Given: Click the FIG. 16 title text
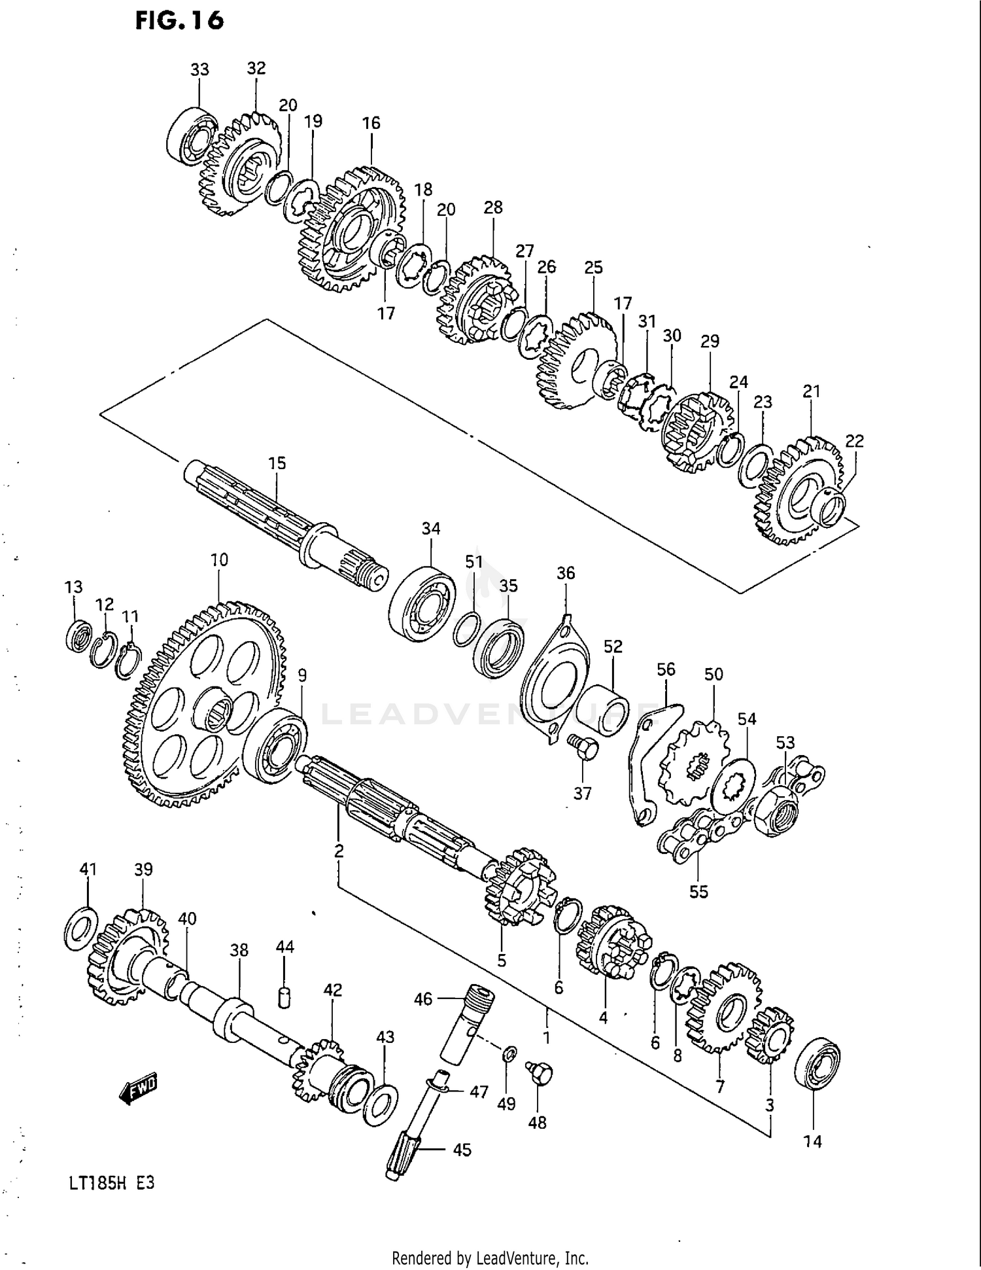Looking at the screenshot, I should coord(179,21).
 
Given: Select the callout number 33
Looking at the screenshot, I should coord(199,69).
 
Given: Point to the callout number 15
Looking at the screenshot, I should coord(277,463).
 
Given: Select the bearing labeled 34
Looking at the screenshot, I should coord(422,603).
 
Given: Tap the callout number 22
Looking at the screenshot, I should coord(854,441).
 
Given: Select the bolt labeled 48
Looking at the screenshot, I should coord(540,1073).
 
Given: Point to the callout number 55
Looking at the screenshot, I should coord(698,891).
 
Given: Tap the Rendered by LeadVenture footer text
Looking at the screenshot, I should coord(490,1258).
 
